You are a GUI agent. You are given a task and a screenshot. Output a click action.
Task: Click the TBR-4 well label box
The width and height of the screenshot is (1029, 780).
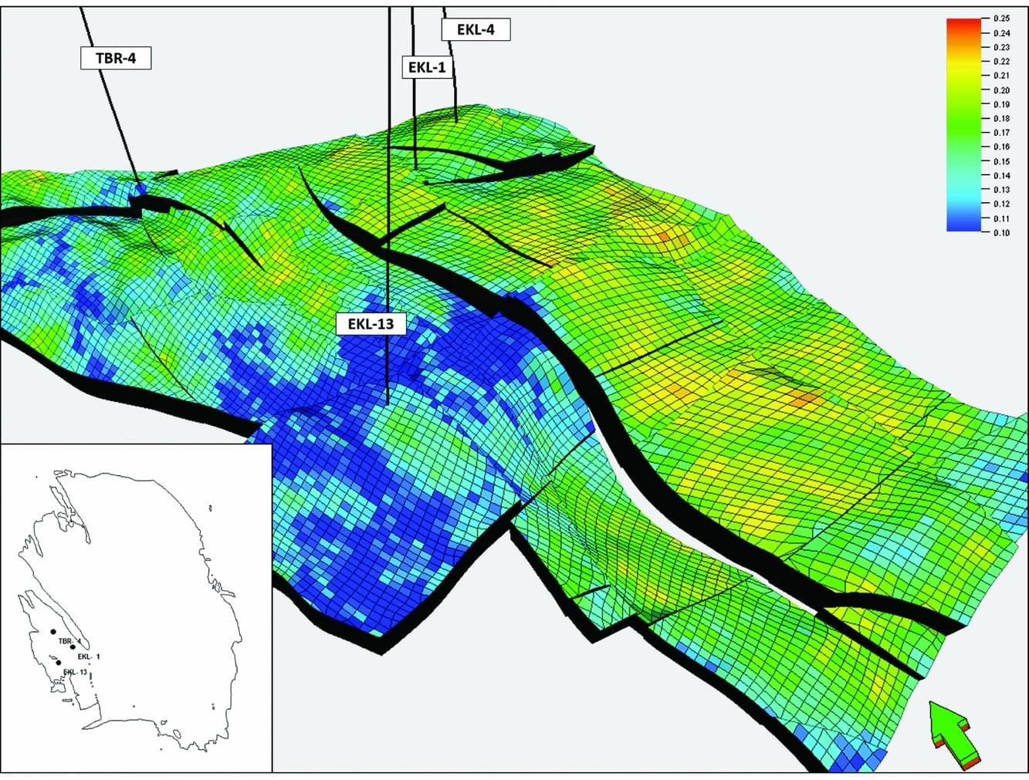pyautogui.click(x=116, y=58)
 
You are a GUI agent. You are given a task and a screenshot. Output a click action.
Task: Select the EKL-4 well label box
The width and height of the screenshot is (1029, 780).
pyautogui.click(x=476, y=30)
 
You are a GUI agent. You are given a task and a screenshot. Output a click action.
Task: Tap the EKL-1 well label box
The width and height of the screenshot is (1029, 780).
pyautogui.click(x=427, y=67)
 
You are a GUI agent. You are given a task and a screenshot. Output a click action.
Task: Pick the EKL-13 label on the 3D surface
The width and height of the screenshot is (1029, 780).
pyautogui.click(x=371, y=323)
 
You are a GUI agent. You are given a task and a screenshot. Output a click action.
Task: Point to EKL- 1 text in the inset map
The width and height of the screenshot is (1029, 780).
pyautogui.click(x=90, y=657)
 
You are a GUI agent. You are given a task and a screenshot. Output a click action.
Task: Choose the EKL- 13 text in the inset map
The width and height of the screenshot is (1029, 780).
pyautogui.click(x=75, y=672)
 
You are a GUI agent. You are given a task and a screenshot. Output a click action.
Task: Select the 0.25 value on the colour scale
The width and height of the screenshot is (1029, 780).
pyautogui.click(x=1001, y=19)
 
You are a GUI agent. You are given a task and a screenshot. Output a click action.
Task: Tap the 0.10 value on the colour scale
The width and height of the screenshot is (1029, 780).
pyautogui.click(x=1001, y=232)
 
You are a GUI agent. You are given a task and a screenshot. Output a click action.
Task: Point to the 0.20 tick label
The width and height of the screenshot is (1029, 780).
pyautogui.click(x=1001, y=90)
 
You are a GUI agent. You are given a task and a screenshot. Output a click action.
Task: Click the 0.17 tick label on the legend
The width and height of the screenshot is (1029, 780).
pyautogui.click(x=1001, y=133)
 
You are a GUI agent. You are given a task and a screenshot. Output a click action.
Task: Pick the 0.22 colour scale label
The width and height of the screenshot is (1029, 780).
pyautogui.click(x=1001, y=62)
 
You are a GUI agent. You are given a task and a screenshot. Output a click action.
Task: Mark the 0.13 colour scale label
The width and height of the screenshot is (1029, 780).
pyautogui.click(x=1001, y=190)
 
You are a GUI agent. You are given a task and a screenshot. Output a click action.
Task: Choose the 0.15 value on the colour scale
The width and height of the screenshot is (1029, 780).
pyautogui.click(x=1001, y=161)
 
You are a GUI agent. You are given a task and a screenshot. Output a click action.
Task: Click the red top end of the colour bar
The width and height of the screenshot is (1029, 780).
pyautogui.click(x=962, y=23)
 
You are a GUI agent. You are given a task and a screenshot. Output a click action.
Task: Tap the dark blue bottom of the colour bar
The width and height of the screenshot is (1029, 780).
pyautogui.click(x=962, y=226)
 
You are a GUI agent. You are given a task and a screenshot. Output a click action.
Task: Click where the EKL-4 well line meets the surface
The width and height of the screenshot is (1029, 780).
pyautogui.click(x=457, y=121)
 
